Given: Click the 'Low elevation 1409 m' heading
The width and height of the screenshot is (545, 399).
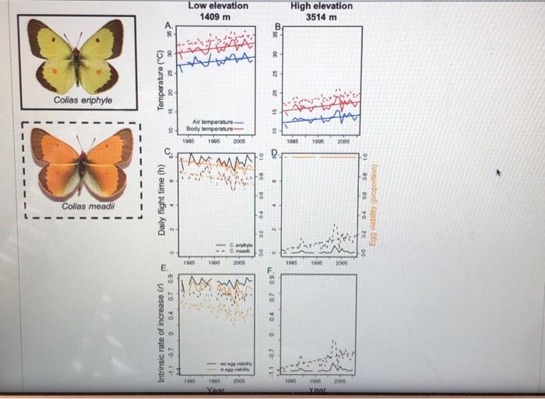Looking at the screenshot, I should (218, 11).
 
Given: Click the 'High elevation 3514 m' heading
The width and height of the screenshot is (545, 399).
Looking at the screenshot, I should (321, 11).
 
